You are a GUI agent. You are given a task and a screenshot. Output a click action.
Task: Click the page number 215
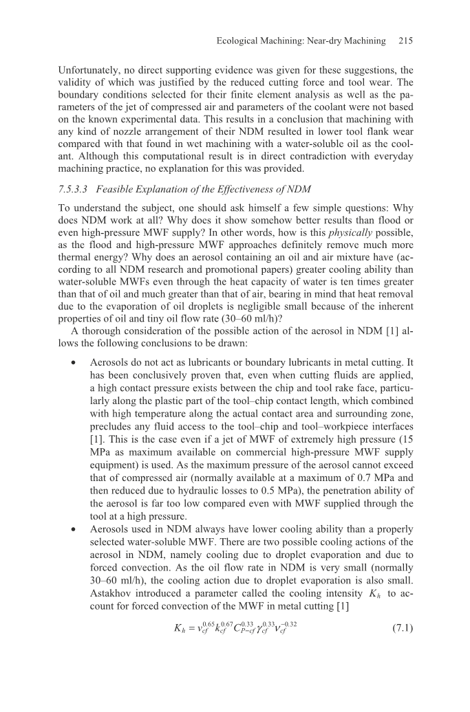(x=405, y=41)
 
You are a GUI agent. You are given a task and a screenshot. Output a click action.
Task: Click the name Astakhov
(x=112, y=591)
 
